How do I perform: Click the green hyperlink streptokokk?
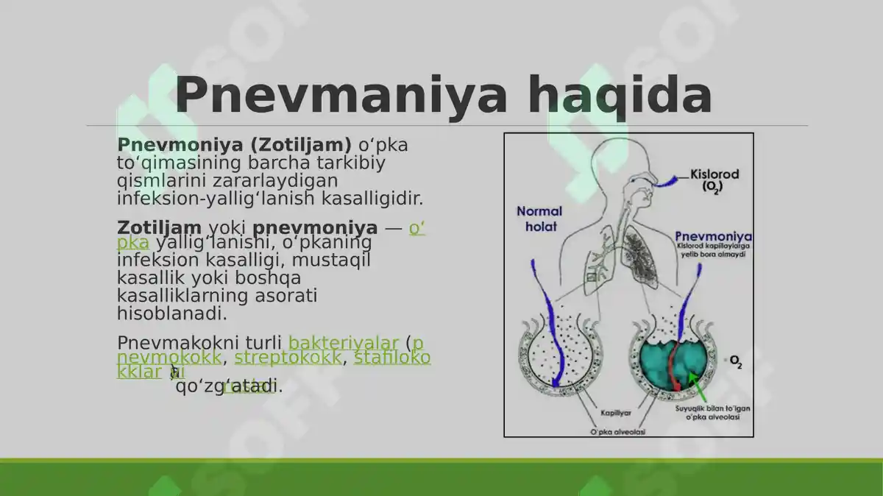(x=288, y=358)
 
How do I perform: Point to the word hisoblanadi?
(x=171, y=313)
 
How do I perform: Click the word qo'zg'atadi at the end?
(x=229, y=386)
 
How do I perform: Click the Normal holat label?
(x=539, y=219)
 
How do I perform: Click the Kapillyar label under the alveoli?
(x=616, y=413)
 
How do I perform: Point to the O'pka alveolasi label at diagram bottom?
(x=617, y=432)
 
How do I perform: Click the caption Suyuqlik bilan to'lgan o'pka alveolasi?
(x=708, y=412)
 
